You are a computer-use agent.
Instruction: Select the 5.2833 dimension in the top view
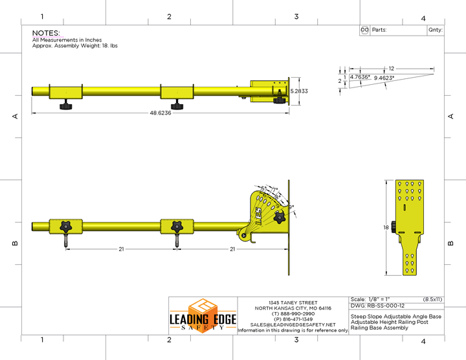coord(299,91)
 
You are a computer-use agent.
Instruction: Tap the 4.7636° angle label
coord(360,77)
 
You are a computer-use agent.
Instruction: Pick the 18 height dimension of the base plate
coord(385,228)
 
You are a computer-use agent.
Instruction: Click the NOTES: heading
coord(46,32)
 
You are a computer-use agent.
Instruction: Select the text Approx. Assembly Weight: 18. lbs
coord(75,46)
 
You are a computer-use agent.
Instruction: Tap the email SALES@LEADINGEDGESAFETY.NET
coord(292,324)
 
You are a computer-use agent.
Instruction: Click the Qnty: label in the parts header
coord(434,30)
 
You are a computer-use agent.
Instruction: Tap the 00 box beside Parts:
coord(364,30)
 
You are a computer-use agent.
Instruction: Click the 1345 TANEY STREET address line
coord(292,302)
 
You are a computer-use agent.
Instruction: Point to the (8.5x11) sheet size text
coord(432,299)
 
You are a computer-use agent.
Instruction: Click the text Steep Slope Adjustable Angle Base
coord(395,316)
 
